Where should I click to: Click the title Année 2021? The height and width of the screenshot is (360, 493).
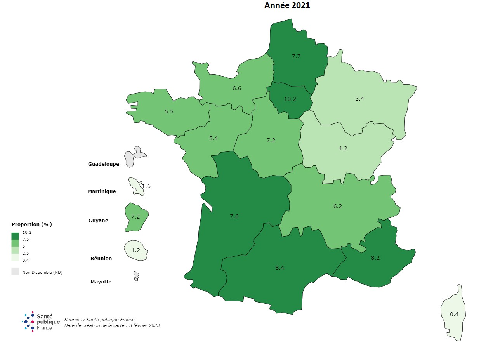[287, 5]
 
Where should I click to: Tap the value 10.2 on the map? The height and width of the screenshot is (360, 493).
[290, 99]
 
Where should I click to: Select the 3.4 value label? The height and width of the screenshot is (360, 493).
[359, 99]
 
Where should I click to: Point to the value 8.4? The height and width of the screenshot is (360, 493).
[279, 268]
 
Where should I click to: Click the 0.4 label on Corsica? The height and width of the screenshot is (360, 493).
[454, 314]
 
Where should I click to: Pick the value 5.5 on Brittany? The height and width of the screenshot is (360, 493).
[169, 111]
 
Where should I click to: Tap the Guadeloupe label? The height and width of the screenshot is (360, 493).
[104, 164]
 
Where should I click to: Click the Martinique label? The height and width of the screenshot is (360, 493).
[102, 191]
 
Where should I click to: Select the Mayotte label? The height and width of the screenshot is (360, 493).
[101, 282]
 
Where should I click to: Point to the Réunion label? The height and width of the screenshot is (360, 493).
[101, 259]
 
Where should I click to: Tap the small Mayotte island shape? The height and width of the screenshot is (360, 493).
[136, 276]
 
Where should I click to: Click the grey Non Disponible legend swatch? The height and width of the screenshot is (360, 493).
[15, 271]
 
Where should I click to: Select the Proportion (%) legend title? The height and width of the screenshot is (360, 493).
[32, 224]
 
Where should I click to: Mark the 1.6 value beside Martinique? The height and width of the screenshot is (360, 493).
[146, 186]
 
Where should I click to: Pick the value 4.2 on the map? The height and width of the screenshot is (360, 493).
[343, 148]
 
